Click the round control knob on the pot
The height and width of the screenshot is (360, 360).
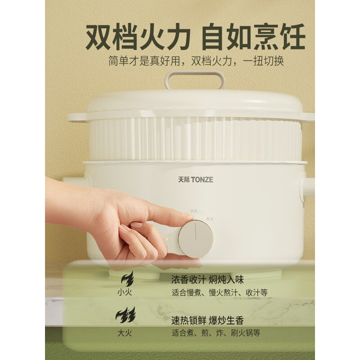195,239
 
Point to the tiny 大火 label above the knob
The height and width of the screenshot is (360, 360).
210,219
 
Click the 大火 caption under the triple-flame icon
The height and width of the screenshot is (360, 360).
126,333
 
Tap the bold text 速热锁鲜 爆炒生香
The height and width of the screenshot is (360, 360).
207,320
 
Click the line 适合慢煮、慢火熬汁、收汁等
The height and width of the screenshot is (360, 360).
220,292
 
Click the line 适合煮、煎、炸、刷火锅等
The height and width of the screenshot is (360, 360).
216,333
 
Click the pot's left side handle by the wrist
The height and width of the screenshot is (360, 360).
72,180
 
